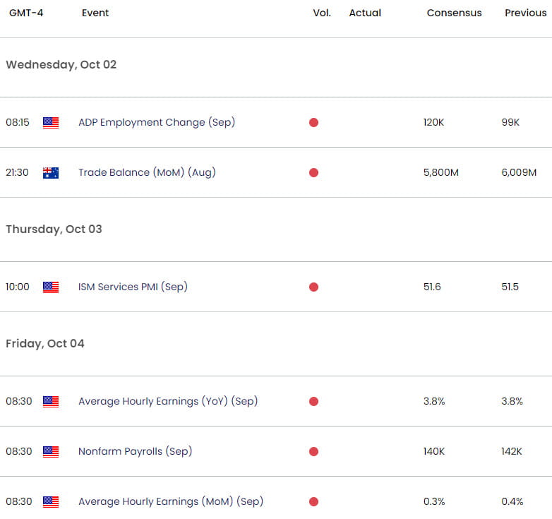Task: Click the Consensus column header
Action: click(x=454, y=13)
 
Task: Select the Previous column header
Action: click(x=526, y=13)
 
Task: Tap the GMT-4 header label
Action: click(x=26, y=13)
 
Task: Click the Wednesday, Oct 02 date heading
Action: click(x=61, y=64)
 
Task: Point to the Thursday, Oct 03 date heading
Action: click(x=54, y=229)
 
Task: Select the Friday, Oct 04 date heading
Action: click(x=45, y=343)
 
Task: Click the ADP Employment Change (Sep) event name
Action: click(x=157, y=122)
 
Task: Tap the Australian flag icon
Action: click(x=51, y=172)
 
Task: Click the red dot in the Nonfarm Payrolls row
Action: click(x=313, y=451)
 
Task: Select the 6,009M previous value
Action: click(x=519, y=172)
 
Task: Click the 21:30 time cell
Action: click(x=17, y=172)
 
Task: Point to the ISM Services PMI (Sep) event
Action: click(x=133, y=287)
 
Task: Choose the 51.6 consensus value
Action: click(x=432, y=287)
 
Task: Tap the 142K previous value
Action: click(x=512, y=451)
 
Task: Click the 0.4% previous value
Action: click(x=512, y=501)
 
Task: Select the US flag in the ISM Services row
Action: click(x=51, y=287)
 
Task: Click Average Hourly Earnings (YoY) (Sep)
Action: click(x=168, y=401)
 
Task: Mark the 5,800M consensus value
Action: click(x=440, y=172)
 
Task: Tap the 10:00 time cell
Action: click(x=18, y=287)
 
